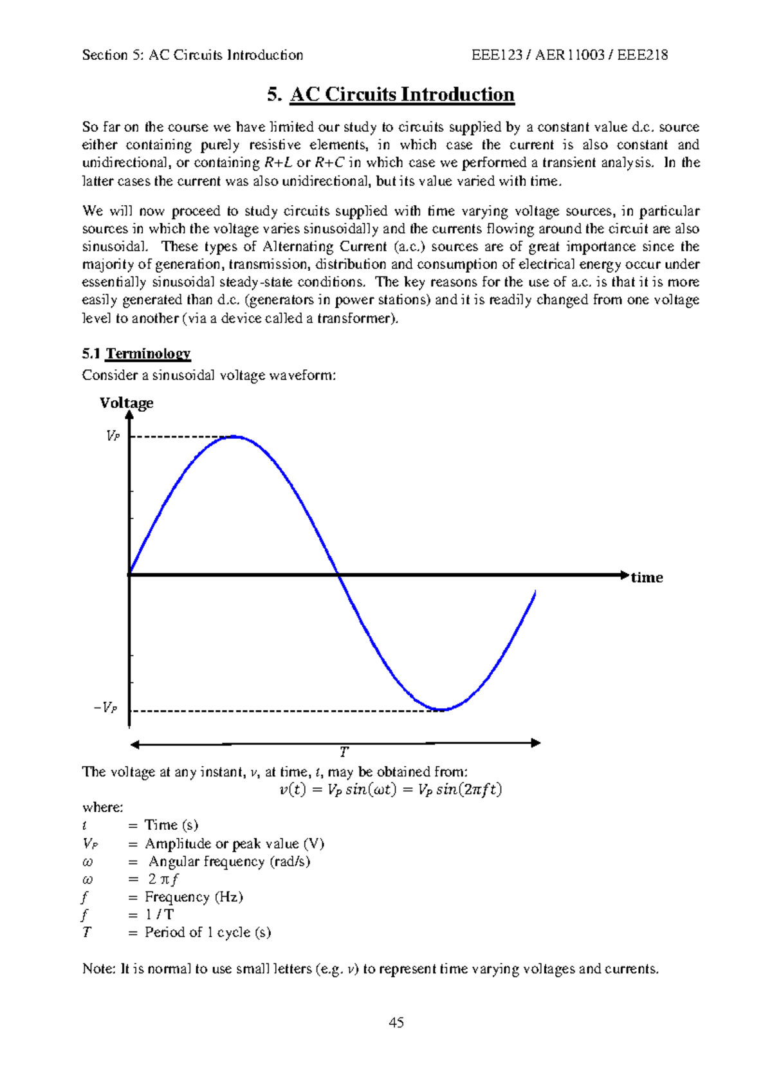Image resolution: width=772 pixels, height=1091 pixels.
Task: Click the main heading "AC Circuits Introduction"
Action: [x=402, y=95]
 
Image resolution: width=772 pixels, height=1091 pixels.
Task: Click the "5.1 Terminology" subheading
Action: [x=136, y=353]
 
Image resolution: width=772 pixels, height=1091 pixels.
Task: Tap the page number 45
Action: [x=396, y=1022]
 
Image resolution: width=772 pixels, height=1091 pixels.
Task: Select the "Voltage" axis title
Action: [x=126, y=403]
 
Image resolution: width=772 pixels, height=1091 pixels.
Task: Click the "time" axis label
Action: [x=647, y=577]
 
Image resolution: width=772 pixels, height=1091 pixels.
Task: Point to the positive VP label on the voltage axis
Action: [x=113, y=436]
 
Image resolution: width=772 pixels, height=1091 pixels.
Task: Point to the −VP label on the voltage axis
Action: [x=106, y=708]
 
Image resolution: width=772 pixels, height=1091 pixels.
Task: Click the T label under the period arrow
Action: [x=344, y=751]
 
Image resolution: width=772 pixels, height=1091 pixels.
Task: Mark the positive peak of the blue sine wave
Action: [x=235, y=437]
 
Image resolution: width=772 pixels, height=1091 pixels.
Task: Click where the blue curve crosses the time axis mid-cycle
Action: [x=338, y=574]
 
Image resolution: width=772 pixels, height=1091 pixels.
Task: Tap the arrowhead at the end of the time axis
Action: [x=624, y=574]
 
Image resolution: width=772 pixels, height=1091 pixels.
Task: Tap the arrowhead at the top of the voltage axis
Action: [x=129, y=415]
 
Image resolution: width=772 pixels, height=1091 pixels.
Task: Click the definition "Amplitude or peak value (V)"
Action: [x=234, y=843]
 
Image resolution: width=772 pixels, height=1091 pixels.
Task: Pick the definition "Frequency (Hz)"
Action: [x=194, y=897]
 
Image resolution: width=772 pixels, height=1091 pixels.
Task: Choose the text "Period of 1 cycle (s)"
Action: [x=207, y=932]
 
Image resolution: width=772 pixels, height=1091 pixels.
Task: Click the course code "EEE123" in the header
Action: [x=497, y=55]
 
